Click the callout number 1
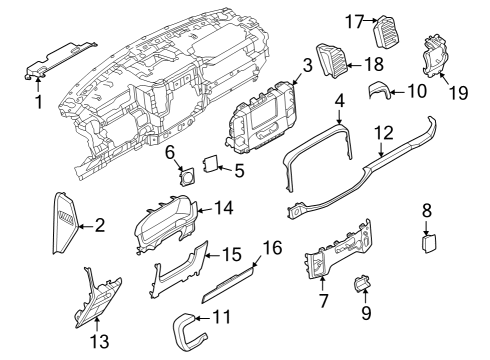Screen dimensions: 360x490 [37, 100]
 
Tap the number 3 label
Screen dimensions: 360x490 [308, 66]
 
